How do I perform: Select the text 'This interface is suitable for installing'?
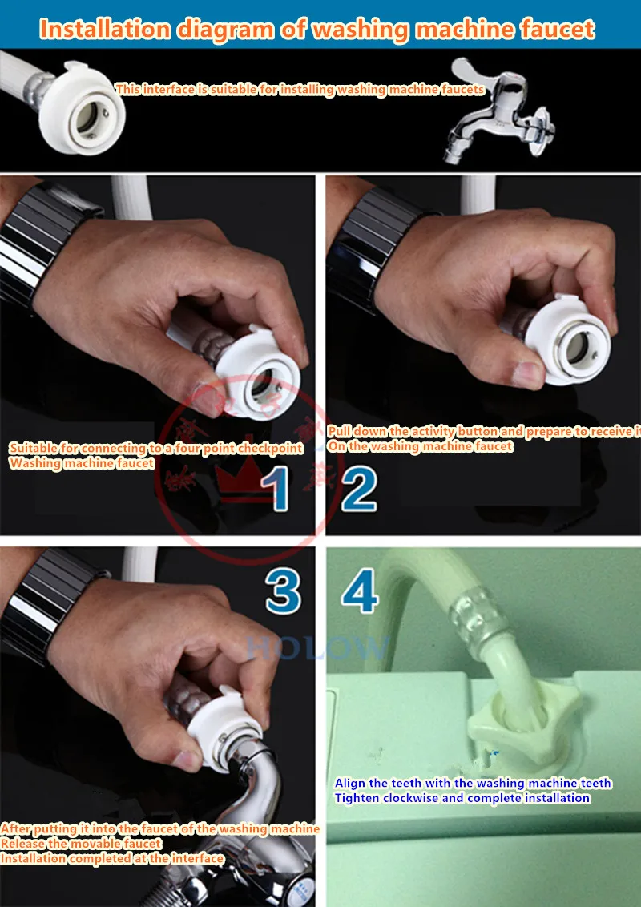(x=224, y=89)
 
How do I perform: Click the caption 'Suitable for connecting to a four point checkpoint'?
(x=156, y=448)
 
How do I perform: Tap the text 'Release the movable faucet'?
(x=80, y=843)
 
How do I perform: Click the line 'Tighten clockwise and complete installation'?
(x=462, y=797)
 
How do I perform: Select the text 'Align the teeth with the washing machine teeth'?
(x=473, y=783)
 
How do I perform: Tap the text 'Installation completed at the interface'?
(x=112, y=858)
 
